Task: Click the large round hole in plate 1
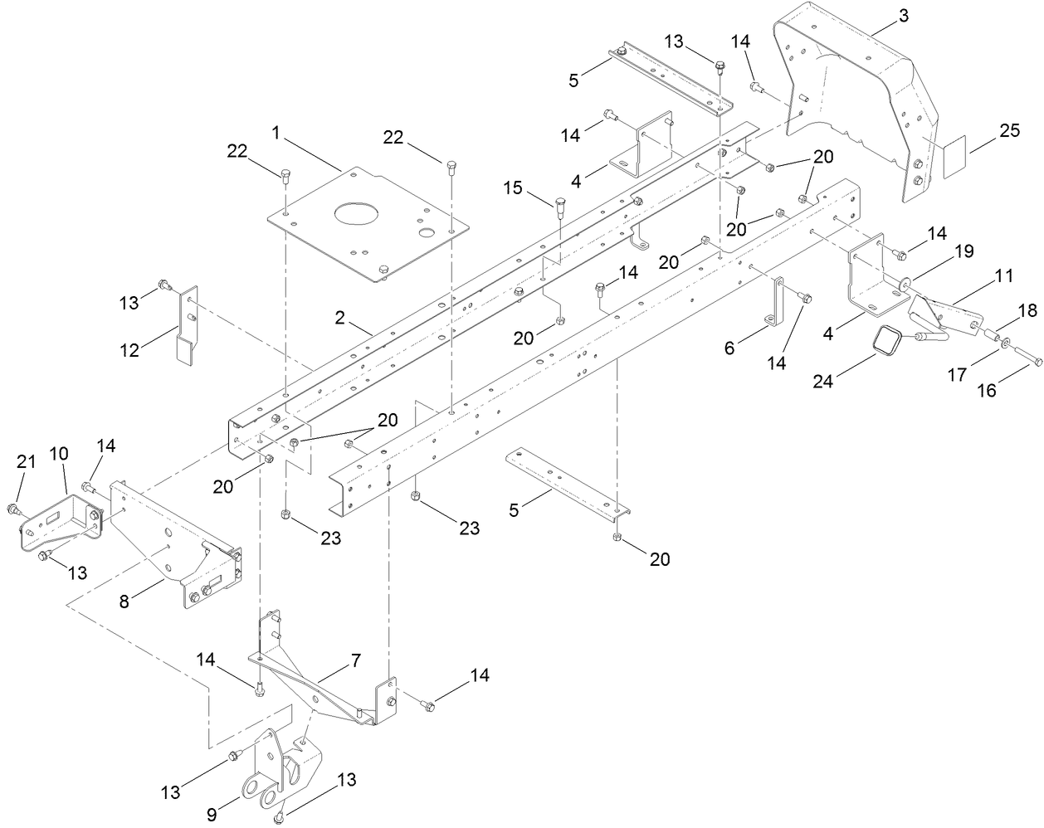(x=362, y=213)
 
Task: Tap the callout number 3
(x=903, y=15)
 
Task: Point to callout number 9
(x=212, y=814)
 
